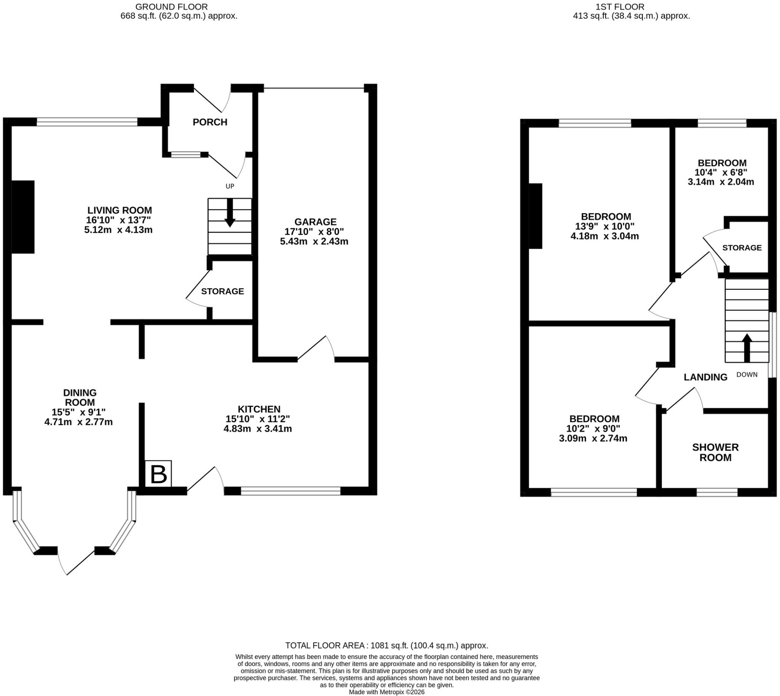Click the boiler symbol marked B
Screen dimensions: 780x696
[x=158, y=473]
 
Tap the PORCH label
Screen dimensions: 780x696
[x=210, y=122]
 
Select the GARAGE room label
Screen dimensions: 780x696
[x=315, y=222]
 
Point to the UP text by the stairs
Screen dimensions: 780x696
[x=230, y=186]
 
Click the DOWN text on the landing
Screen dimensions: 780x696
[x=747, y=375]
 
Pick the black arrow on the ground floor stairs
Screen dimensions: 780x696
[x=230, y=212]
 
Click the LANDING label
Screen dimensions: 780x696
[x=705, y=377]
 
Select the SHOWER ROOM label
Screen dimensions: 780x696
[x=715, y=452]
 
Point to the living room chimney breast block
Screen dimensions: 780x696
[x=23, y=217]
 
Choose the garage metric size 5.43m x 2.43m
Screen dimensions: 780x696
[x=314, y=242]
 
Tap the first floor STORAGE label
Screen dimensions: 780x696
[x=742, y=248]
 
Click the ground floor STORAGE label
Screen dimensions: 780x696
[x=222, y=291]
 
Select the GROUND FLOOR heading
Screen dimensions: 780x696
[x=171, y=6]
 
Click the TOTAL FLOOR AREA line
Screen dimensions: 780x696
[x=387, y=645]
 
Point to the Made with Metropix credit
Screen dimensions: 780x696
[x=387, y=692]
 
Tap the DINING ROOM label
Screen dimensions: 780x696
[x=80, y=397]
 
